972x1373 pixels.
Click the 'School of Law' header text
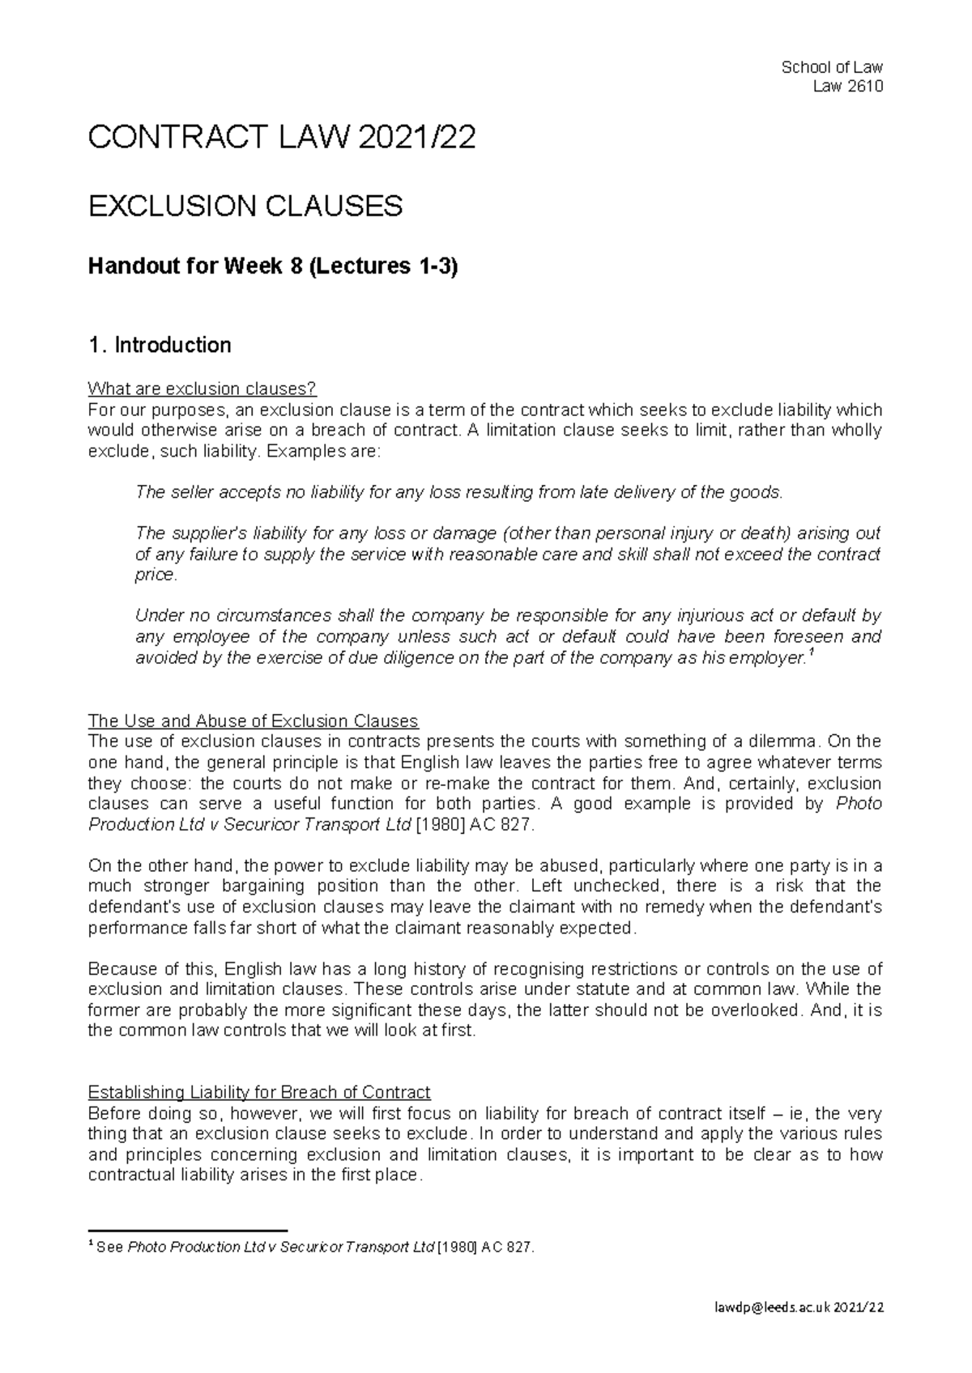click(x=831, y=67)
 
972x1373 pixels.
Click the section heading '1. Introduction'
click(x=160, y=346)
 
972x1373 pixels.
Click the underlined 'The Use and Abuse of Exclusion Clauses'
click(x=253, y=721)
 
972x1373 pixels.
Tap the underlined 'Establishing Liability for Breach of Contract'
click(x=259, y=1092)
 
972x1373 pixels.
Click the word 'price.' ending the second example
click(x=155, y=575)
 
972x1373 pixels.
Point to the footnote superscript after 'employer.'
click(x=812, y=652)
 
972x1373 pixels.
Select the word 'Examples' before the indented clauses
click(x=301, y=451)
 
